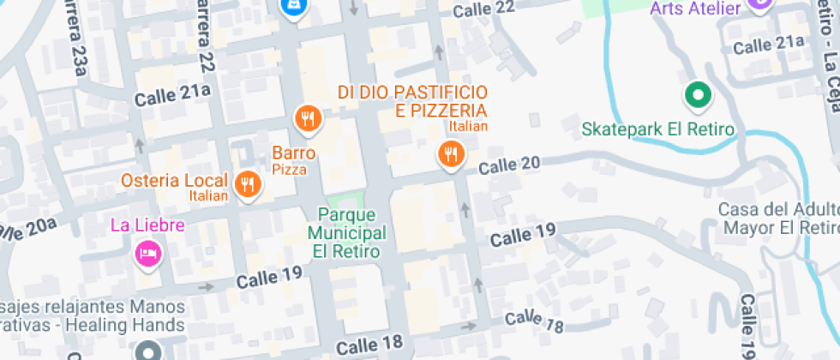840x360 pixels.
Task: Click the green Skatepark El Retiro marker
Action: point(698,95)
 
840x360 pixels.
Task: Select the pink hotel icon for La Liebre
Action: point(147,254)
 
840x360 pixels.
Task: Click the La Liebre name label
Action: point(147,225)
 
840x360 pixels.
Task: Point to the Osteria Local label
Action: point(175,181)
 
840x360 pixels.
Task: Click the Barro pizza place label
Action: point(294,154)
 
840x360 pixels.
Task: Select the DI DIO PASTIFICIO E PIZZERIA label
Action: point(412,101)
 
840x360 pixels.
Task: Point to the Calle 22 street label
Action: point(483,9)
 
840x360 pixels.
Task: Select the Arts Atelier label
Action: point(695,9)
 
